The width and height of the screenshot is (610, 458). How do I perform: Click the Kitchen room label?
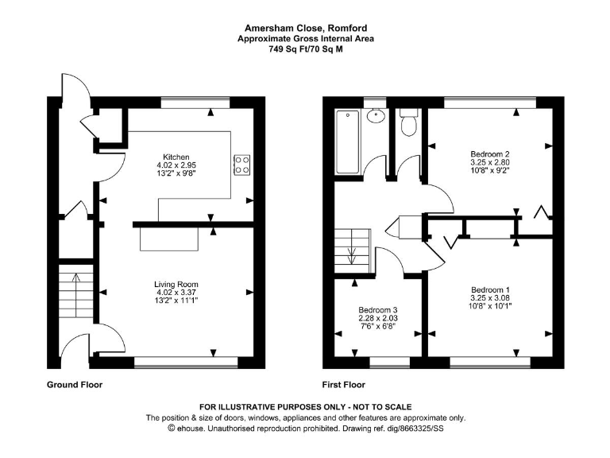[176, 157]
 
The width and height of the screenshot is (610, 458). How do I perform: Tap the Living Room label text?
[176, 284]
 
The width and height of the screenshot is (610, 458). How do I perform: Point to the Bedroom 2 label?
[490, 153]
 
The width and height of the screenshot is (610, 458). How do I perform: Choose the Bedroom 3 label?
[377, 309]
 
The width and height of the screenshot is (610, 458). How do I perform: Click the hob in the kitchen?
[242, 164]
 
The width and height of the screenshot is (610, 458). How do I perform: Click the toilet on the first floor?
[409, 122]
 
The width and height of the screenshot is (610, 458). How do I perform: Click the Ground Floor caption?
[75, 385]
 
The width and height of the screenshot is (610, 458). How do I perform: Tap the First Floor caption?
[343, 385]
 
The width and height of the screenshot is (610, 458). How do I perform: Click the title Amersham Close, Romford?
[306, 27]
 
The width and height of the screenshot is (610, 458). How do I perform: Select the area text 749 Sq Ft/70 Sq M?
[306, 49]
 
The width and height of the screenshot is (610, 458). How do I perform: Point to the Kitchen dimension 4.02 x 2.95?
[176, 165]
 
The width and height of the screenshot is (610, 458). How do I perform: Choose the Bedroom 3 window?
[387, 362]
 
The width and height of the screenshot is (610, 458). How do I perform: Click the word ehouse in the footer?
[193, 429]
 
